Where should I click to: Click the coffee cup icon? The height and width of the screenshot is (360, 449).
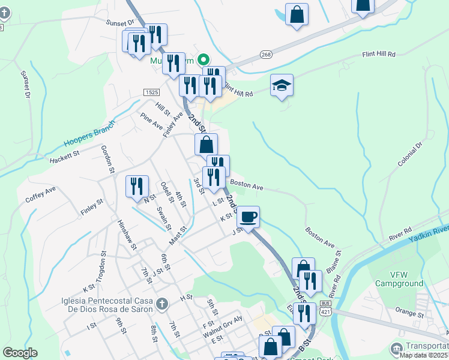(248, 217)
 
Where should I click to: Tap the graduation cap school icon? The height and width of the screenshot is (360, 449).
(281, 85)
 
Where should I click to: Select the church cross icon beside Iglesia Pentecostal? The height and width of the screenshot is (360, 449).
(160, 305)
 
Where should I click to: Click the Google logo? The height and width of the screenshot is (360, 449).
(20, 353)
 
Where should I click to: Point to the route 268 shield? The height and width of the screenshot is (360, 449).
(266, 55)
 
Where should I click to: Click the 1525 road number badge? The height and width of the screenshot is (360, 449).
(151, 92)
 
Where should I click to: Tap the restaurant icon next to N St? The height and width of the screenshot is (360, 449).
(137, 186)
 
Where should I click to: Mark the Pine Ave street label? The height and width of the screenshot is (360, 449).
(151, 121)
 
